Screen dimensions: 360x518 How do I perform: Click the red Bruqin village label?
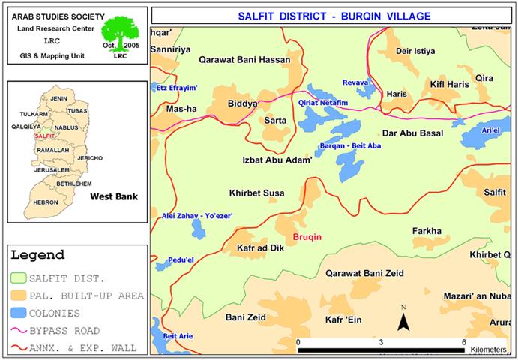pyautogui.click(x=307, y=237)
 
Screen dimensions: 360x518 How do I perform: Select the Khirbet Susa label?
pyautogui.click(x=257, y=193)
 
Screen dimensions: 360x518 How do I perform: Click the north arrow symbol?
pyautogui.click(x=403, y=321)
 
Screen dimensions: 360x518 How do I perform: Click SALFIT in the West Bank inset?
pyautogui.click(x=45, y=136)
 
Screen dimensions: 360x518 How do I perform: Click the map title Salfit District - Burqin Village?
pyautogui.click(x=334, y=15)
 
